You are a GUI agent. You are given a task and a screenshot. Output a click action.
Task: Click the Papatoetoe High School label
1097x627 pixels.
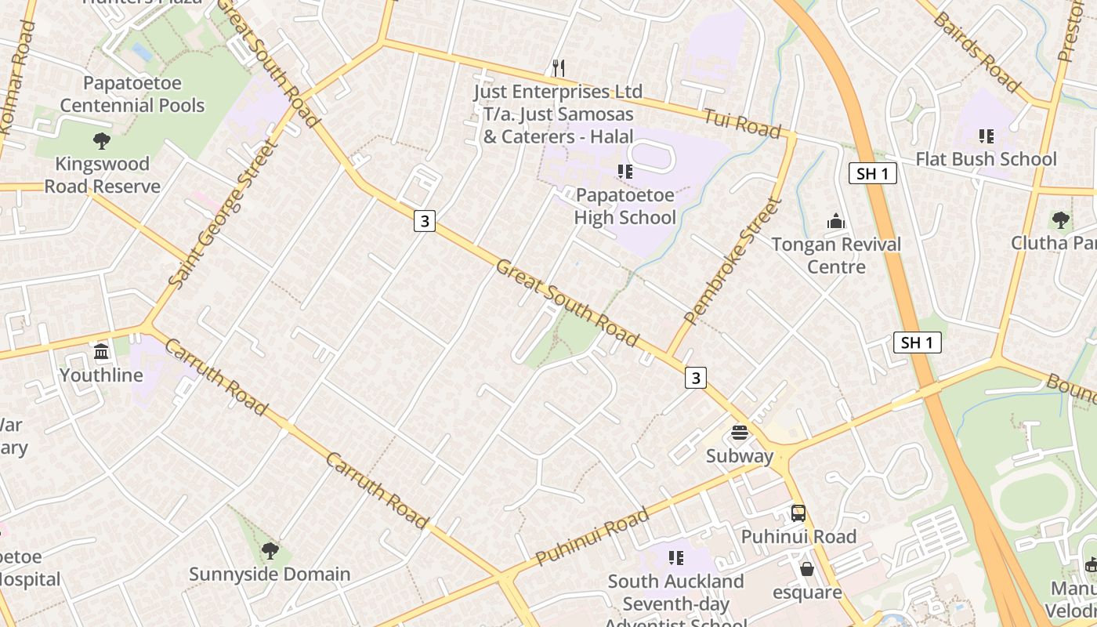pos(625,206)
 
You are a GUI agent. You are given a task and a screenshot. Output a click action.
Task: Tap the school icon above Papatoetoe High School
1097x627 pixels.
pos(625,171)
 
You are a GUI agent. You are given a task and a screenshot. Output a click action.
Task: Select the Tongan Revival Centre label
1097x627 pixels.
pos(836,256)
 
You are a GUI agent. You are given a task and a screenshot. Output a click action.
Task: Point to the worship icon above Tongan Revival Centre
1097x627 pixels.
pos(836,221)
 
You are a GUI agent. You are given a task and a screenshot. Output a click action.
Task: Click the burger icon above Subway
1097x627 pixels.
pos(740,433)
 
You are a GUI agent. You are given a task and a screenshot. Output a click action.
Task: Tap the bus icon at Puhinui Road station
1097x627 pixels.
pos(798,513)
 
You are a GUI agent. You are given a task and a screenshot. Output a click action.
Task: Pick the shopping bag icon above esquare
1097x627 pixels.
pos(806,568)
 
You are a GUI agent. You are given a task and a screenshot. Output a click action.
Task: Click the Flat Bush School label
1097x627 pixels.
pos(986,159)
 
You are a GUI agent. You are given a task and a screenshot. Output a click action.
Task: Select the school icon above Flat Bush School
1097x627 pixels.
pos(986,136)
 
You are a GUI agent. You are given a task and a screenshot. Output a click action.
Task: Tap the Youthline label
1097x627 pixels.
pos(101,375)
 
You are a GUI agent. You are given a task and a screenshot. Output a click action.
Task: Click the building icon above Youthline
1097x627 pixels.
pos(101,352)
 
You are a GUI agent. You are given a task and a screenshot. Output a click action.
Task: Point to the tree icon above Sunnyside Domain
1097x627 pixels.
pos(270,551)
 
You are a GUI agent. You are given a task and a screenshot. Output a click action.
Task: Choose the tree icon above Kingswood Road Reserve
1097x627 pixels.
pos(101,141)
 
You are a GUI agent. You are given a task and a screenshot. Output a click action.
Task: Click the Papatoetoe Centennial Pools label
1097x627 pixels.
pos(132,94)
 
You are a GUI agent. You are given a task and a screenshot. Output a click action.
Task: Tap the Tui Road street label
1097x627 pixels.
pos(742,123)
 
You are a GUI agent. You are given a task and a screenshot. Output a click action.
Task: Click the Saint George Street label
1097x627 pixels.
pos(223,213)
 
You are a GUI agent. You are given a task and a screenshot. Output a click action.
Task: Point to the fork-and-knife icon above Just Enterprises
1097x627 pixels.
pos(558,67)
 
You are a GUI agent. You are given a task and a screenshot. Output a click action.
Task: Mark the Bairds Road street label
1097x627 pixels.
pos(976,52)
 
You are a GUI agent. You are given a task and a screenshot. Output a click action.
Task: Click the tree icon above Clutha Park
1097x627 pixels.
pos(1061,220)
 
